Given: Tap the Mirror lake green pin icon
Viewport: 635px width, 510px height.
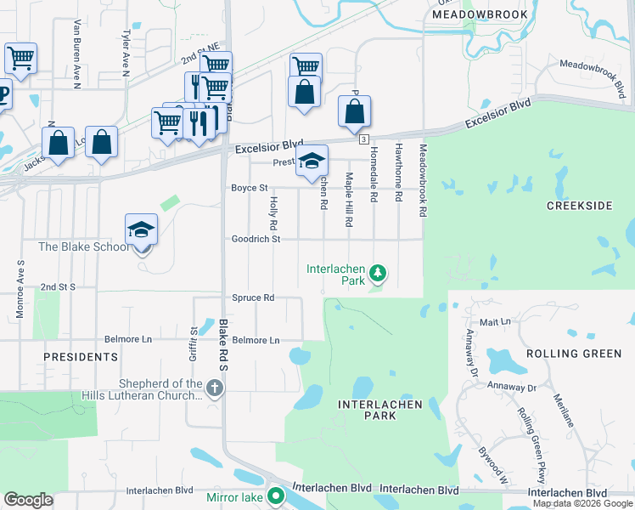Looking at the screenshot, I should point(275,496).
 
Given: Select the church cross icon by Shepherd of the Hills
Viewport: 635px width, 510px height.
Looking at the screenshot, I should point(216,389).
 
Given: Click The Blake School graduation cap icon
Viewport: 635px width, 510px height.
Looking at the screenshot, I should point(142,230).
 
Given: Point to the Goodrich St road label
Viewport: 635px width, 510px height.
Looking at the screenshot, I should point(256,240).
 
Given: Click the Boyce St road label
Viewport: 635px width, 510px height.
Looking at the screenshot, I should point(250,188).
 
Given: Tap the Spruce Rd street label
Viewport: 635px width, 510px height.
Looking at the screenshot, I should point(253,298).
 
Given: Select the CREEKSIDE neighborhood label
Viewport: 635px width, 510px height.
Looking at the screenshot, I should point(580,207).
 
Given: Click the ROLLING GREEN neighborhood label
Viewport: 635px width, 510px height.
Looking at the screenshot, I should point(573,354).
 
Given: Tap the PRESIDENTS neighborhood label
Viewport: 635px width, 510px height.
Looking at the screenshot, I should point(81,357).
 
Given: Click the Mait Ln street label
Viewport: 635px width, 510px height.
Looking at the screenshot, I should point(495,322).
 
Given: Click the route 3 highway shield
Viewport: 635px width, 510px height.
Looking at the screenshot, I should point(363,139).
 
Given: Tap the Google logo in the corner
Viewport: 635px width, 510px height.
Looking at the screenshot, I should point(28,500).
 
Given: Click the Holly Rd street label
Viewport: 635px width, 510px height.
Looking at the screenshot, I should point(273,213).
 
